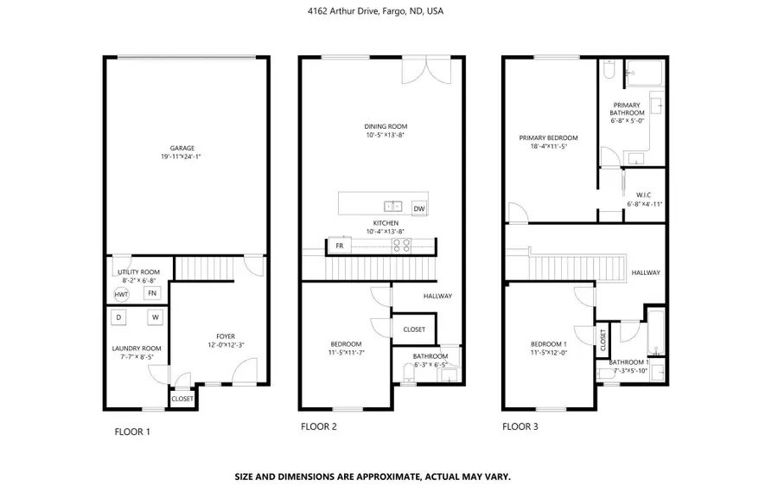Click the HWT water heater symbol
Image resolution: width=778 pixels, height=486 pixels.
(x=121, y=294)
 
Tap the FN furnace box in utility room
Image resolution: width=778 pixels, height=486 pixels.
(x=152, y=293)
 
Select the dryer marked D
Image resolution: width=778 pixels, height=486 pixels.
(x=119, y=317)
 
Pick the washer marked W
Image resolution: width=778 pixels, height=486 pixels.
(x=156, y=317)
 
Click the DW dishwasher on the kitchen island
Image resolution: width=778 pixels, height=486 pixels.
(x=419, y=208)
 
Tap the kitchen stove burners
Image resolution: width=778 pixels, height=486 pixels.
(x=402, y=246)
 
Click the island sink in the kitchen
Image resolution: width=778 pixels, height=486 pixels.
(x=393, y=207)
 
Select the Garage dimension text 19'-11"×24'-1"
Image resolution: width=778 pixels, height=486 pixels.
(x=182, y=157)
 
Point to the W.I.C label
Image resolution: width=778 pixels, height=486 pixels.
(x=643, y=195)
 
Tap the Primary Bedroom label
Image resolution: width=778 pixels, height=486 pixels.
(x=548, y=137)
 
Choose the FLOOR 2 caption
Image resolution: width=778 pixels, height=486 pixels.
(x=318, y=426)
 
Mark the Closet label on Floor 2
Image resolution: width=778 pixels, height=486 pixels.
(x=414, y=329)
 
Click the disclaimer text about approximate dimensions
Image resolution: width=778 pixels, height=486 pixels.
(x=373, y=476)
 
